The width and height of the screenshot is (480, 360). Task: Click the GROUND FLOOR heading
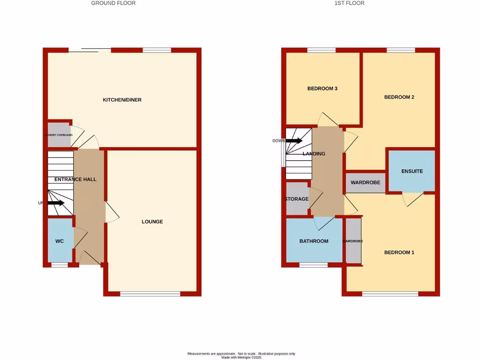[x=113, y=3]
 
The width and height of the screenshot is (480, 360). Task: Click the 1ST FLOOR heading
[x=349, y=3]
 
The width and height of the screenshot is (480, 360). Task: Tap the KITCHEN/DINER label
[x=122, y=100]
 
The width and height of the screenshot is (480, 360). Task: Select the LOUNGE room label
[x=152, y=222]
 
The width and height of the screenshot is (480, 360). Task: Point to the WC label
[x=60, y=241]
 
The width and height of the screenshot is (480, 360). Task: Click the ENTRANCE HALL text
[x=75, y=180]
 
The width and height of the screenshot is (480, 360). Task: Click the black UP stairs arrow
[x=56, y=203]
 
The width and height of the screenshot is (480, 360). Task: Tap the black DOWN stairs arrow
[x=294, y=141]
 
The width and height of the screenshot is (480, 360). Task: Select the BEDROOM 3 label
[x=322, y=89]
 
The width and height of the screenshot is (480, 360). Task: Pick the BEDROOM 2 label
[x=399, y=97]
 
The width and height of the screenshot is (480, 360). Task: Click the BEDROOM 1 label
[x=399, y=253]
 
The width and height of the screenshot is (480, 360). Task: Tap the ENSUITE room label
[x=412, y=172]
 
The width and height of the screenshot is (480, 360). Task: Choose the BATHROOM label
[x=314, y=241]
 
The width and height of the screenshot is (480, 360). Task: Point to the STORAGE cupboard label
[x=296, y=199]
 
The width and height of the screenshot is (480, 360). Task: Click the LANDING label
[x=314, y=154]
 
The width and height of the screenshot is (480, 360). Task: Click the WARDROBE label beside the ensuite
[x=366, y=183]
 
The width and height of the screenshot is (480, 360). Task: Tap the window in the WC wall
[x=60, y=265]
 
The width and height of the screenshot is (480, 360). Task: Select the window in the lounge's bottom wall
[x=150, y=294]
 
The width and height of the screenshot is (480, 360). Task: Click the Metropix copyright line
[x=241, y=357]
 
